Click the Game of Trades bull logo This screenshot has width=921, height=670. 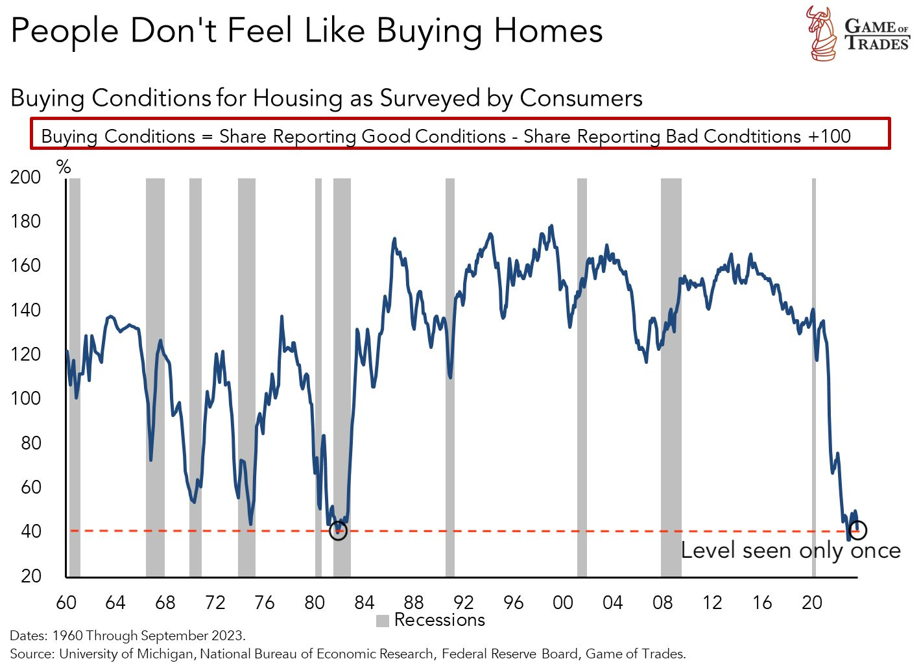point(821,33)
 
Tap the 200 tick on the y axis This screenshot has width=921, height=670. point(25,177)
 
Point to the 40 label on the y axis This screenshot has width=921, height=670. point(30,531)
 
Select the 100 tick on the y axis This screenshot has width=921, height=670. point(25,398)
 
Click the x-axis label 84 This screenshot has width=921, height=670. point(364,603)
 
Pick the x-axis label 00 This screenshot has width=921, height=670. point(562,603)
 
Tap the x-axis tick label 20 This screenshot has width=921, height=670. point(811,603)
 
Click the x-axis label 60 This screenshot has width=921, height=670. point(66,603)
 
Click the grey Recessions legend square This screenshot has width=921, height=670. point(383,621)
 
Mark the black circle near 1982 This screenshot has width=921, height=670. point(338,531)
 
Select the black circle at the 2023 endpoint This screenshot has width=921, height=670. point(857,529)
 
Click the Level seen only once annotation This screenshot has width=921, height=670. point(790,551)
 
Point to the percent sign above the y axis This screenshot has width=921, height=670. point(64,167)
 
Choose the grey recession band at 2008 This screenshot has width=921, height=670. point(671,376)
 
